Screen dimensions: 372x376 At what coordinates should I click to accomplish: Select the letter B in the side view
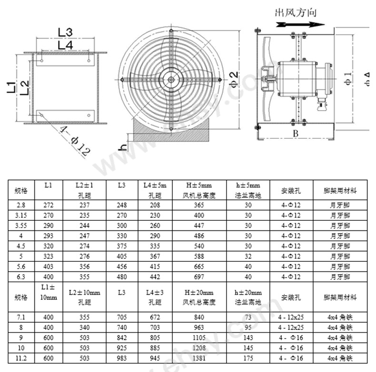[295, 134]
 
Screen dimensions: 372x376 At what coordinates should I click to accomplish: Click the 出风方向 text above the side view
[296, 12]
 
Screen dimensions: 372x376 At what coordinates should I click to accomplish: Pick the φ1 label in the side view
[347, 78]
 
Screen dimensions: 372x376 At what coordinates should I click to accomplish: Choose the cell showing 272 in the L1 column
[49, 205]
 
